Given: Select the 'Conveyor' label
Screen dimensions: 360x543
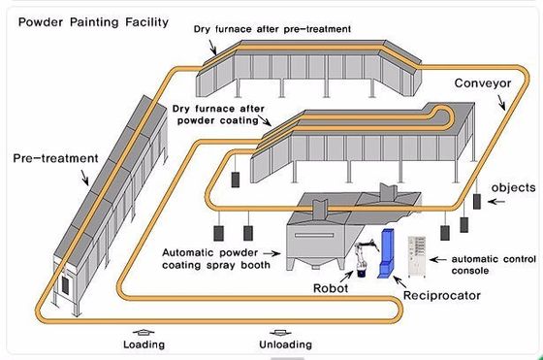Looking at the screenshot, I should click(x=482, y=83).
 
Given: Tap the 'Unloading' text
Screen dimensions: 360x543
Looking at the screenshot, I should click(x=283, y=344).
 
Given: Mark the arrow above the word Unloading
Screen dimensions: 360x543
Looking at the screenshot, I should click(x=282, y=329).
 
